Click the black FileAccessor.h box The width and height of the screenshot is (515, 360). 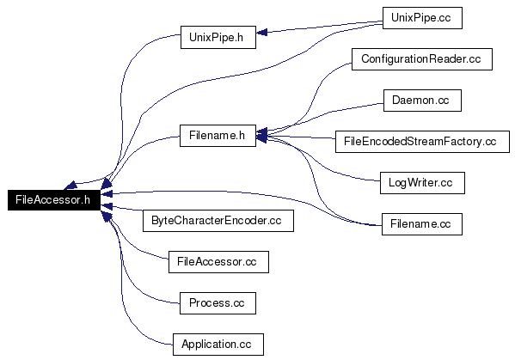[x=54, y=200]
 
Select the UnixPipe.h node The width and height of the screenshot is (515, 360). [x=218, y=38]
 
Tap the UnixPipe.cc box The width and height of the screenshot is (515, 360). [x=422, y=18]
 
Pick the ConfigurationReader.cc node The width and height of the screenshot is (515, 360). [x=422, y=59]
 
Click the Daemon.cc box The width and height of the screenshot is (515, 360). [x=422, y=101]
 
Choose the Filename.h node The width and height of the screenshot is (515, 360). [x=218, y=136]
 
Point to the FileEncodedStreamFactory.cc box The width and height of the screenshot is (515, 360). [x=422, y=142]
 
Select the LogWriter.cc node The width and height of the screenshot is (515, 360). [x=422, y=183]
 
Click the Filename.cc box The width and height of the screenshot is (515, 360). [x=422, y=224]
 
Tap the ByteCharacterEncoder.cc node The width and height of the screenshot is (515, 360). [x=218, y=221]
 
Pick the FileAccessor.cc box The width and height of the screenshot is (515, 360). [x=218, y=262]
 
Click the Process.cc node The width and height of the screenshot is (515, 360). [x=218, y=303]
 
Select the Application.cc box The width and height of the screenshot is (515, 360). [x=218, y=345]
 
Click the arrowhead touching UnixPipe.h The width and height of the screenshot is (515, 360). [x=261, y=32]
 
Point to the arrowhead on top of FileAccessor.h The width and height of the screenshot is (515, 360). [x=71, y=186]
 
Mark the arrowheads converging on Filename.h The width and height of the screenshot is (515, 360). [x=261, y=135]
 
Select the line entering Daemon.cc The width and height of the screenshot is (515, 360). [x=328, y=113]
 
